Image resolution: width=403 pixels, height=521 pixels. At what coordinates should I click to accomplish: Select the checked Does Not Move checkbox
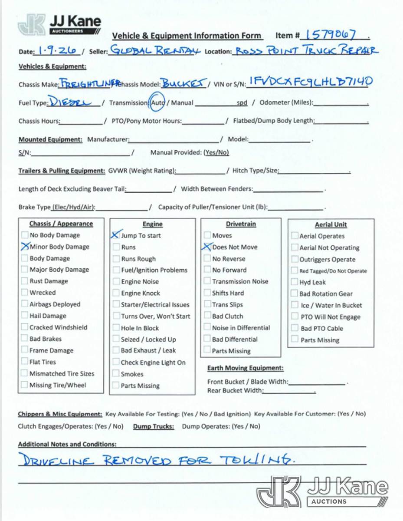tap(207, 247)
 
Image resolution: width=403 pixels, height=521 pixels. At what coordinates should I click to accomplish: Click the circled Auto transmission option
tap(157, 103)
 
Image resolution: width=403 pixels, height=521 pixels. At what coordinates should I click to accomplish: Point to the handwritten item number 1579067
tap(331, 35)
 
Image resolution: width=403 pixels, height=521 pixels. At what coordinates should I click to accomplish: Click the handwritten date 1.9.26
tap(58, 51)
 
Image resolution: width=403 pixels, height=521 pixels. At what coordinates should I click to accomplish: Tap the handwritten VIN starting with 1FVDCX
tap(311, 82)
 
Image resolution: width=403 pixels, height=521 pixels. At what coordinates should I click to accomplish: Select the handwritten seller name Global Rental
tap(154, 50)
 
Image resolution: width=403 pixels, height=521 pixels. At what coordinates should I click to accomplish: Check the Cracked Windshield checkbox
tap(25, 327)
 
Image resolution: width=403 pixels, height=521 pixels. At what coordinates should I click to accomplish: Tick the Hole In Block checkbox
tap(116, 328)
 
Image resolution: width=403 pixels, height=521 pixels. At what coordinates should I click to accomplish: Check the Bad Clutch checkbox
tap(207, 316)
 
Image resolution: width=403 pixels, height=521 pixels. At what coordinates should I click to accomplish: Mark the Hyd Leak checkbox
tap(295, 282)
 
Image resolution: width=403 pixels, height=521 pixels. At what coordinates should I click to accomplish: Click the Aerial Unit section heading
tap(331, 224)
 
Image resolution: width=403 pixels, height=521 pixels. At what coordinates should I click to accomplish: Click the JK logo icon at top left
tap(32, 25)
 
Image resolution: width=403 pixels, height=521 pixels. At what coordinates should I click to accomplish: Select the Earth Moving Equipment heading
tap(245, 368)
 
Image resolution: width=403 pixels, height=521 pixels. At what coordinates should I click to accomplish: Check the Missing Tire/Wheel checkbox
tap(25, 385)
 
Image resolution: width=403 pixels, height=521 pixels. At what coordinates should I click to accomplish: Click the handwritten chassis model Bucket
tap(184, 83)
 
